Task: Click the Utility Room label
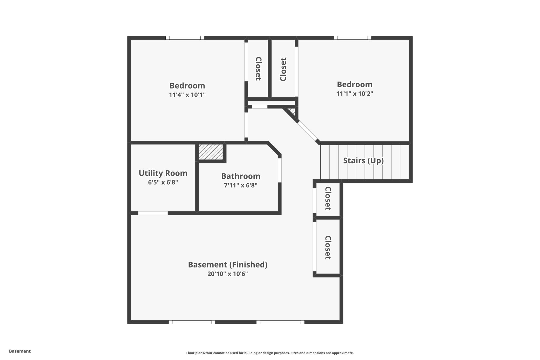tap(163, 173)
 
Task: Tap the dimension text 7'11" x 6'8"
tap(240, 185)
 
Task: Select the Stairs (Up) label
tap(363, 161)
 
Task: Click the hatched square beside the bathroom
tap(211, 152)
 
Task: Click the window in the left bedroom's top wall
tap(185, 38)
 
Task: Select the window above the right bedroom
tap(353, 38)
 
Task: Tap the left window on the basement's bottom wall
tap(192, 322)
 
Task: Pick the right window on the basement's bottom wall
tap(280, 322)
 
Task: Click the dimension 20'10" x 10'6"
tap(227, 274)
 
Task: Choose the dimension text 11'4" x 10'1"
tap(187, 95)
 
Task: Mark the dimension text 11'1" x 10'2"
tap(354, 94)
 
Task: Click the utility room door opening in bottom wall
tap(153, 213)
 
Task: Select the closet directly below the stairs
tap(328, 199)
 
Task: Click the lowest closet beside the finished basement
tap(328, 247)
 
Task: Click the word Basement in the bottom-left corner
tap(20, 351)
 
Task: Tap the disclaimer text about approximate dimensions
tap(270, 353)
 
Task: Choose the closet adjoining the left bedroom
tap(258, 69)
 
